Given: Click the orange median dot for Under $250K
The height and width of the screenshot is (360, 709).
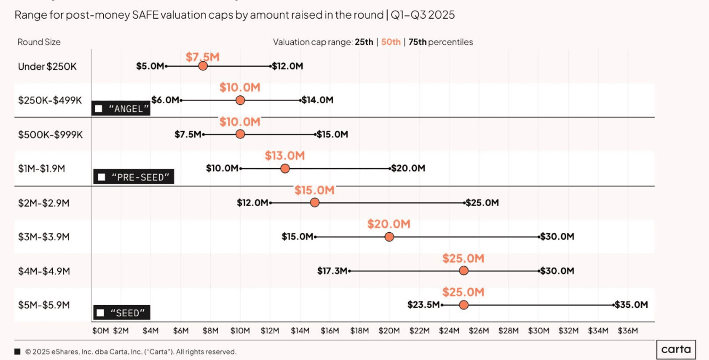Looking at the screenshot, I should tap(202, 66).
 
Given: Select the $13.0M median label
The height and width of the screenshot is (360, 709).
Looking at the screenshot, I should tap(285, 156).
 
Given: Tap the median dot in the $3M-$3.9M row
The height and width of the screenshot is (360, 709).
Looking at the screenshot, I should tap(389, 237).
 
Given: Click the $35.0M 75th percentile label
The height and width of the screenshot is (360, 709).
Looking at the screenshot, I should tap(631, 305).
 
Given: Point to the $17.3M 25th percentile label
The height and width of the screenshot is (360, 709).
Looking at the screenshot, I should tap(333, 271).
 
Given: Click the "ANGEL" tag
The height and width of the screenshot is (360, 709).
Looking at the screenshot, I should tap(121, 109).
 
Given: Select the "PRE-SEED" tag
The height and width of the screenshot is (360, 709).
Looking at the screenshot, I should tap(134, 177).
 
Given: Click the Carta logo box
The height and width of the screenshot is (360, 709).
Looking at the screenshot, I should tap(676, 349).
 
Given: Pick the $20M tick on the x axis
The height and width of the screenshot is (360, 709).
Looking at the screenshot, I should tap(389, 331).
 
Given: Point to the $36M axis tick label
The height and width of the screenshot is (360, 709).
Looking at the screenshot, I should tap(628, 331).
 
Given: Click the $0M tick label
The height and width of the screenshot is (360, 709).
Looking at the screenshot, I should tap(101, 331).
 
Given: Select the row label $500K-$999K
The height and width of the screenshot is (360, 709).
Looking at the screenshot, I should tap(51, 134).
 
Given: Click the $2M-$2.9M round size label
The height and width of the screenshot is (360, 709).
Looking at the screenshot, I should tap(44, 203).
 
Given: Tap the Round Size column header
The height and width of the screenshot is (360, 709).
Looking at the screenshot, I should tap(39, 42).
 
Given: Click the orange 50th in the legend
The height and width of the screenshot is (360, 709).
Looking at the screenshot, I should tap(391, 42).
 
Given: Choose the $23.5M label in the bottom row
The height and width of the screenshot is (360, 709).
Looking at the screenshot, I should tap(424, 305).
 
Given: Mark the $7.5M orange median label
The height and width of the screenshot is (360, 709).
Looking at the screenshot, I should tap(203, 57).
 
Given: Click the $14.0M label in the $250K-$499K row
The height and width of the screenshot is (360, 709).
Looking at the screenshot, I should tap(317, 100).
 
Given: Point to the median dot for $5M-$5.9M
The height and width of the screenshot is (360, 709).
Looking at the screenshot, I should tap(464, 305).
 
